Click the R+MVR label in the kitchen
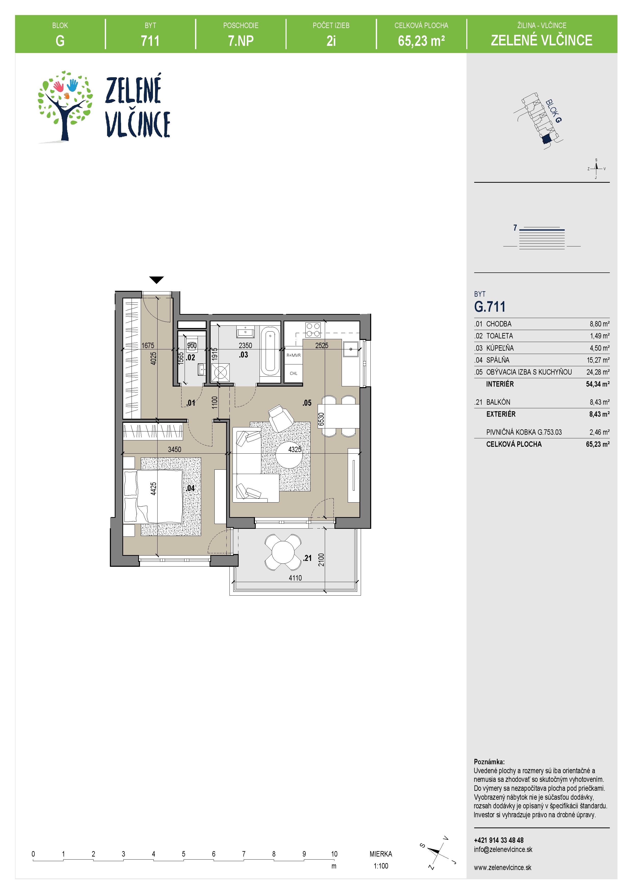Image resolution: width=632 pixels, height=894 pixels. click(294, 355)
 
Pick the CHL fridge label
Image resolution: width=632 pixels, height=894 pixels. click(294, 373)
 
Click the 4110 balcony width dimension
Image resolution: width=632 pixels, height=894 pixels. click(295, 578)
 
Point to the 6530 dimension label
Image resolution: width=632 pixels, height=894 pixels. click(321, 419)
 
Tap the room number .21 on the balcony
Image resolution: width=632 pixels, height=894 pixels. click(307, 558)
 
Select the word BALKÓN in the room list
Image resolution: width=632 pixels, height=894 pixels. click(498, 402)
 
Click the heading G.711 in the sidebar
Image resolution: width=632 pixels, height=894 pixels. click(489, 307)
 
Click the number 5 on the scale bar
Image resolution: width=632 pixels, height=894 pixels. click(183, 854)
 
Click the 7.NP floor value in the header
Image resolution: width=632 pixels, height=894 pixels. click(241, 41)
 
